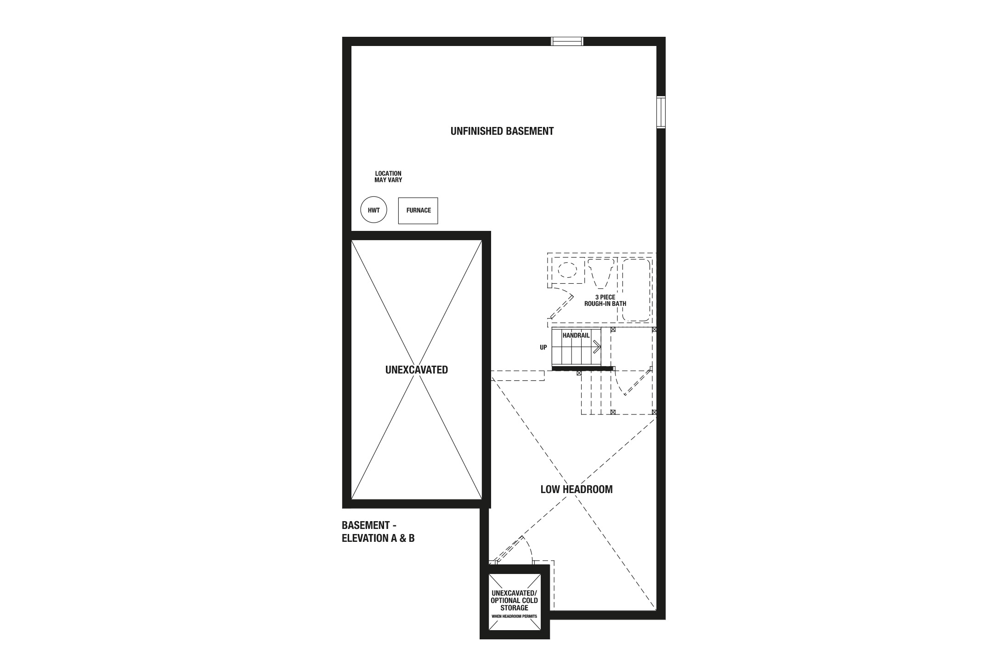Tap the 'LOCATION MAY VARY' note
pos(388,177)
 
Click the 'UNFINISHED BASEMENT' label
pos(502,131)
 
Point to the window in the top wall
pos(567,41)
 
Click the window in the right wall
pos(661,112)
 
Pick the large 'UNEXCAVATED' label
pos(417,370)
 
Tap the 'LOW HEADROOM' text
pos(577,489)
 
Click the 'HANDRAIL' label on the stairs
pos(576,336)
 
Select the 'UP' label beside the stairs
pos(543,348)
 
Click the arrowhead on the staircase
pos(597,347)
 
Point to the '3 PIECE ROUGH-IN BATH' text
pos(605,300)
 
